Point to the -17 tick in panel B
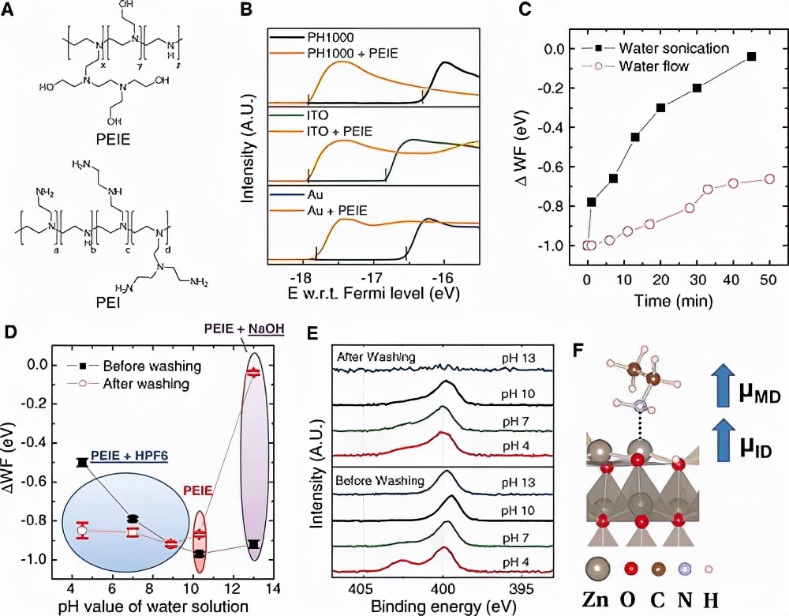coord(372,278)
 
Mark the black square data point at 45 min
coord(751,56)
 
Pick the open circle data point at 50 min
coord(770,179)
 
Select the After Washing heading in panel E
coord(366,358)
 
